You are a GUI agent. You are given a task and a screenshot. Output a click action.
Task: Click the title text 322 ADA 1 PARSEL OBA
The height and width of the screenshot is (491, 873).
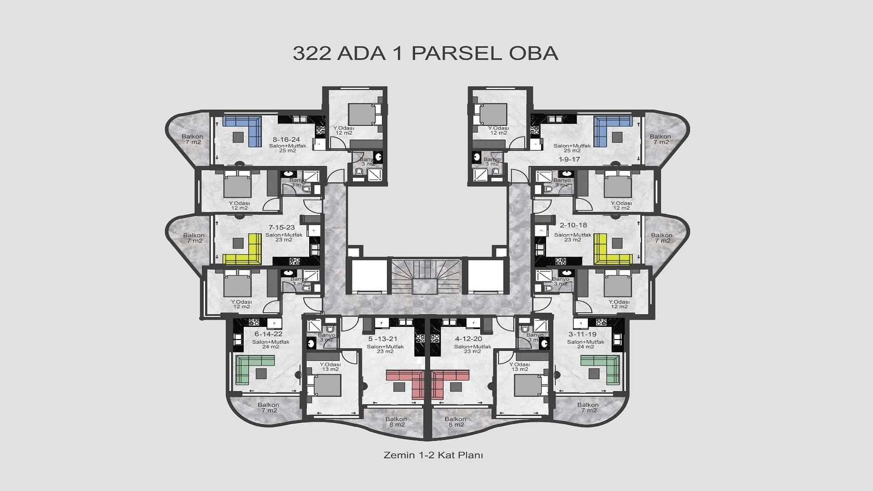tap(425, 53)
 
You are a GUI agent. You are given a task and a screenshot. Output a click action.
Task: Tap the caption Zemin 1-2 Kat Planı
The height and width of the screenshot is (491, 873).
tap(433, 455)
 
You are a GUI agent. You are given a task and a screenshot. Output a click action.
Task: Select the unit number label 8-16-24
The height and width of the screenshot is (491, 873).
tap(286, 140)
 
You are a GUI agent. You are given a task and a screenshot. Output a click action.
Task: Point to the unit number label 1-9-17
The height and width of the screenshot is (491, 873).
tap(569, 159)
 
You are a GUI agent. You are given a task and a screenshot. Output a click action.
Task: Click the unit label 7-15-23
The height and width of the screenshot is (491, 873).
tap(281, 227)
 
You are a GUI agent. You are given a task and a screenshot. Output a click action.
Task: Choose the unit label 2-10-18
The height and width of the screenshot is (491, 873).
tap(573, 225)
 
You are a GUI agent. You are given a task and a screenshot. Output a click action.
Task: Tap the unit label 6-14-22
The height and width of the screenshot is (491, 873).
tap(268, 334)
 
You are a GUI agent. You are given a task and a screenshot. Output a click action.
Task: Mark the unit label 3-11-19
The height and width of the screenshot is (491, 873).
tap(582, 334)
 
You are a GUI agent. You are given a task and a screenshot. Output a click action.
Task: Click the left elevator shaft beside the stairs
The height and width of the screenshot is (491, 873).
tap(369, 276)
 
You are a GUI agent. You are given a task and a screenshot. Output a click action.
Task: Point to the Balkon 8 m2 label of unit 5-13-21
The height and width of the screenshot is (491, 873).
tap(396, 422)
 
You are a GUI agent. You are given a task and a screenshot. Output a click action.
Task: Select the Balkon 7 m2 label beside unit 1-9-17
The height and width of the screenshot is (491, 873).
tap(660, 139)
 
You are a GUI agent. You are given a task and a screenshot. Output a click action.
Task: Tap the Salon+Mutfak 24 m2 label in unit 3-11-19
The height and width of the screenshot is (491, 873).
tap(585, 344)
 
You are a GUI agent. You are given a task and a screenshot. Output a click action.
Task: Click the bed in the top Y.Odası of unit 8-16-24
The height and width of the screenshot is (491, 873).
tap(362, 114)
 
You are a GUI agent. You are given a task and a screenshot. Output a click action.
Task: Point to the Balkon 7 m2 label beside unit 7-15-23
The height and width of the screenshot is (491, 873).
tap(194, 238)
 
